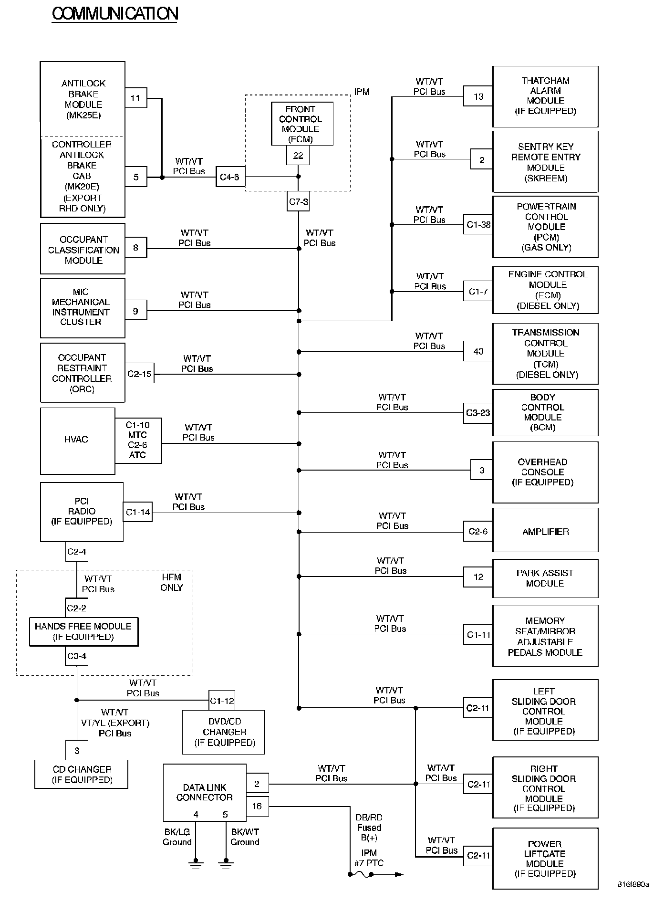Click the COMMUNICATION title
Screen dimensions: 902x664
click(x=114, y=14)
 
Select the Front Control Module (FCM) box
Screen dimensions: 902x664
click(x=301, y=124)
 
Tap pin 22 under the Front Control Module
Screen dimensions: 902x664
click(x=298, y=156)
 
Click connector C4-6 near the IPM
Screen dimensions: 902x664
click(x=230, y=177)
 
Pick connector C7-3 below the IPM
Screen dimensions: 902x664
click(x=299, y=202)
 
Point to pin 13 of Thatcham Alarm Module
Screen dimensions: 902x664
click(x=478, y=97)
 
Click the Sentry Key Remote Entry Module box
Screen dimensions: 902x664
click(x=545, y=162)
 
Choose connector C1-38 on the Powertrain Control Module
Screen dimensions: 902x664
click(x=478, y=224)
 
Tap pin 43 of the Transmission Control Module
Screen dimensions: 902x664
click(x=478, y=352)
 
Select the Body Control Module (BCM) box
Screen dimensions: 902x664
click(x=545, y=413)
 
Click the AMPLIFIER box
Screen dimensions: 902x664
click(x=545, y=532)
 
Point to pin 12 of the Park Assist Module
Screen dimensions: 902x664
click(x=478, y=577)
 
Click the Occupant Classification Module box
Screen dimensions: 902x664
click(x=83, y=250)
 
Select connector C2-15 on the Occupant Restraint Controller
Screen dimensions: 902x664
click(x=139, y=374)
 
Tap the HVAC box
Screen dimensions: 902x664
click(x=77, y=440)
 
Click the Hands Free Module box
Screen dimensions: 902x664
click(x=83, y=631)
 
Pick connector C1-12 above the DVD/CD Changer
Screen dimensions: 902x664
click(x=222, y=701)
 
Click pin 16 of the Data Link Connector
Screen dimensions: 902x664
click(x=257, y=806)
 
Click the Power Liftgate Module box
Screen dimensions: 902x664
click(x=545, y=858)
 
